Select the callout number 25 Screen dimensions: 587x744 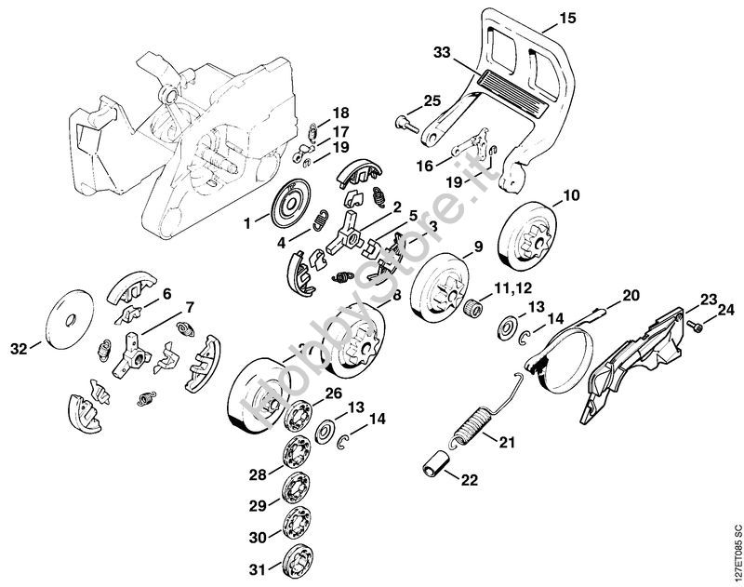click(432, 100)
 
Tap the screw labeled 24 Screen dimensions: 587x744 click(694, 325)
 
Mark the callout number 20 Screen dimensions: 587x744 click(631, 295)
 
